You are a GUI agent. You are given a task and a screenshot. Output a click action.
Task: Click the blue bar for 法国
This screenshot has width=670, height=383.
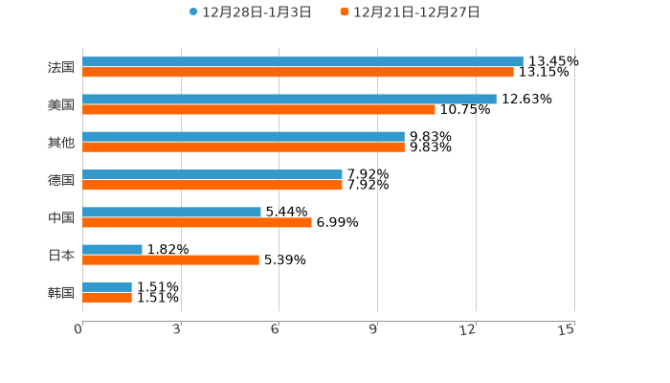click(x=302, y=61)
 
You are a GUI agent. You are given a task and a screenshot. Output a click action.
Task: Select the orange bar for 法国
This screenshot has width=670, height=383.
click(x=298, y=72)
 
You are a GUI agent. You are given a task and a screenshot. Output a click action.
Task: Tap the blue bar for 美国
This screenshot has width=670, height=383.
click(x=289, y=99)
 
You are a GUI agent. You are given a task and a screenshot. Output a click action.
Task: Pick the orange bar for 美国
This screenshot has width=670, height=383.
click(x=258, y=109)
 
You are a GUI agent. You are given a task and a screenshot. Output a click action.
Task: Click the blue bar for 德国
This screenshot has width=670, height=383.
click(x=212, y=174)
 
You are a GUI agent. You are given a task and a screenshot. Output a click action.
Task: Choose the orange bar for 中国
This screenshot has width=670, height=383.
click(x=197, y=222)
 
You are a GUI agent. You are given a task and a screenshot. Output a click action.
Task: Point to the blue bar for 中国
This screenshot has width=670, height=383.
click(x=171, y=212)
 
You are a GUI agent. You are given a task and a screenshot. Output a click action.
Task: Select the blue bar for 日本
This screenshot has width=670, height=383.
click(x=112, y=249)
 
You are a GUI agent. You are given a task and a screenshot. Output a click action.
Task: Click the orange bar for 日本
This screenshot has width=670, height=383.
click(x=170, y=259)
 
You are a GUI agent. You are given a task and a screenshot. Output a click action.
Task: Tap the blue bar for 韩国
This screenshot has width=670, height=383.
click(x=107, y=286)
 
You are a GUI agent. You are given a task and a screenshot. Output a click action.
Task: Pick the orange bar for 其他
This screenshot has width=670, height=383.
click(x=243, y=146)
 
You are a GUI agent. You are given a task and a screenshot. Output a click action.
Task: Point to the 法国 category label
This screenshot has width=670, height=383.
click(x=60, y=67)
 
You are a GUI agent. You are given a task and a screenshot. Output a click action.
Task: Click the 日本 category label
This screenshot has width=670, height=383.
click(x=60, y=255)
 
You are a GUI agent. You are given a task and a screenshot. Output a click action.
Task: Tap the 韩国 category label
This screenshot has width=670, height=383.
click(x=60, y=292)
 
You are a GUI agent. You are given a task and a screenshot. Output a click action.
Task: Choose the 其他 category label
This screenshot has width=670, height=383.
click(x=60, y=142)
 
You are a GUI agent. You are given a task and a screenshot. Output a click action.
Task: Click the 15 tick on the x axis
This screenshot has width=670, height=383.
click(x=567, y=329)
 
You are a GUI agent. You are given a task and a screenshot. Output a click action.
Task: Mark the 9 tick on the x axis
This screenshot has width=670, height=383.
click(x=374, y=329)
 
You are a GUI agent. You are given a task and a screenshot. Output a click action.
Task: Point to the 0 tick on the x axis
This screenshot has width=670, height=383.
click(x=79, y=329)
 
